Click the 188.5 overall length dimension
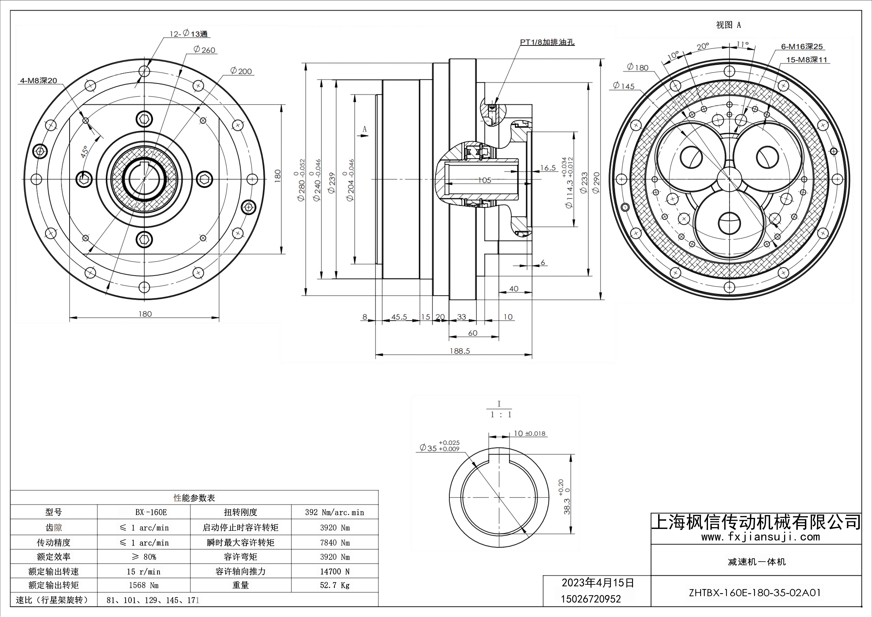point(459,351)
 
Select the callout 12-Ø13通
point(189,34)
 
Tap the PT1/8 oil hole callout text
point(547,42)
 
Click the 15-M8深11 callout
point(806,60)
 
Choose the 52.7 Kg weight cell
point(335,585)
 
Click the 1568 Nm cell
point(144,585)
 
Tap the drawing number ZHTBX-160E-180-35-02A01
point(755,593)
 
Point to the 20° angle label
point(703,46)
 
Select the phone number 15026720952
point(591,599)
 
